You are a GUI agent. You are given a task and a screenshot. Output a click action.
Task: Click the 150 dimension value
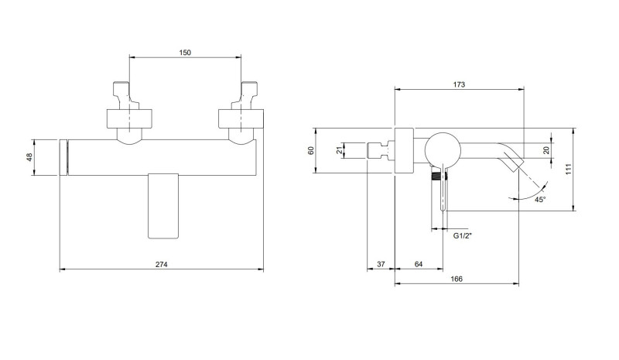(185, 53)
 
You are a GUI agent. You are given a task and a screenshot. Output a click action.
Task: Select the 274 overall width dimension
(161, 264)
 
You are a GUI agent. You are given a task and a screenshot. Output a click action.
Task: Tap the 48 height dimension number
(29, 157)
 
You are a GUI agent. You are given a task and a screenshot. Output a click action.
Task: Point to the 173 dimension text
(459, 84)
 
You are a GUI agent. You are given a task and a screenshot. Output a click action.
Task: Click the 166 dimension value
(456, 279)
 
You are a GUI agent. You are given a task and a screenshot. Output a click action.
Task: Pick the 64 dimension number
(419, 264)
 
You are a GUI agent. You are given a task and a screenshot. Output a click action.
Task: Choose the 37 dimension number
(381, 264)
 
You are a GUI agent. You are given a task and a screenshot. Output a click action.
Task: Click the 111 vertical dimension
(569, 169)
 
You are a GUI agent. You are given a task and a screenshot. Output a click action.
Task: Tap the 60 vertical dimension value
(311, 150)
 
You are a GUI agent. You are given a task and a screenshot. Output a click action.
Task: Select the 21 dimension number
(339, 150)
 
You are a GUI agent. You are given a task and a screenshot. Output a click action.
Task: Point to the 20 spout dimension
(546, 150)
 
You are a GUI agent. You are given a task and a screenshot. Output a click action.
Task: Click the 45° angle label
(540, 200)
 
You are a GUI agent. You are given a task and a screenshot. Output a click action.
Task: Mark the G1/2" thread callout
(462, 236)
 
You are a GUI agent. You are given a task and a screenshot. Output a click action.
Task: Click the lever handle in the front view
(163, 205)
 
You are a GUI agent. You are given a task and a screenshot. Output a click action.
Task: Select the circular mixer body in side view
(443, 150)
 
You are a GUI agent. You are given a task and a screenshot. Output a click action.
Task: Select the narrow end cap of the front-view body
(63, 157)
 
